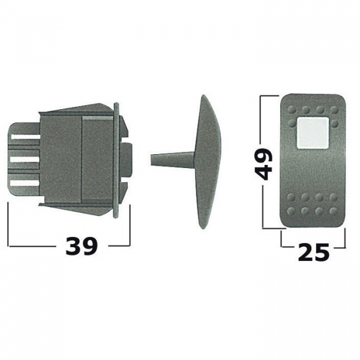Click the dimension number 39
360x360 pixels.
coord(82,247)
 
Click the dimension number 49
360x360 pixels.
coord(264,163)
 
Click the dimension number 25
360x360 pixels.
coord(314,253)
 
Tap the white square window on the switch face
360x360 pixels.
coord(313,133)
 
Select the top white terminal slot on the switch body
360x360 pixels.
coord(25,137)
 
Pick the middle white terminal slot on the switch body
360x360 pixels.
coord(25,160)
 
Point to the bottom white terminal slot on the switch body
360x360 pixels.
coord(25,183)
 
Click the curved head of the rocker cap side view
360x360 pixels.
coord(208,162)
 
